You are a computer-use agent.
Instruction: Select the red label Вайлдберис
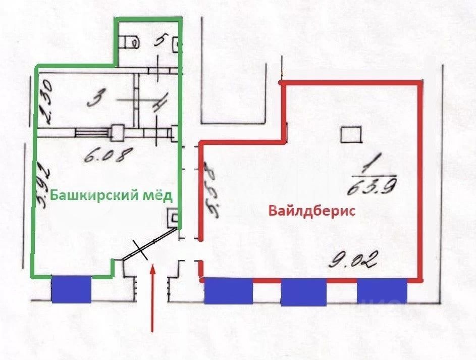[x=312, y=211]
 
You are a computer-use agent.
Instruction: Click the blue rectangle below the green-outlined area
[x=71, y=289]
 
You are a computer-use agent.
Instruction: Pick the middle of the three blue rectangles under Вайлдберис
[x=304, y=292]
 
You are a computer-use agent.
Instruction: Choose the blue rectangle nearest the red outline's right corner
[x=382, y=290]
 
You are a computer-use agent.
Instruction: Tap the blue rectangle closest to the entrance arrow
[x=228, y=290]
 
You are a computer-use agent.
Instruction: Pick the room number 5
[x=161, y=39]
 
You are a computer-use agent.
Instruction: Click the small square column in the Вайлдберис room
[x=350, y=135]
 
